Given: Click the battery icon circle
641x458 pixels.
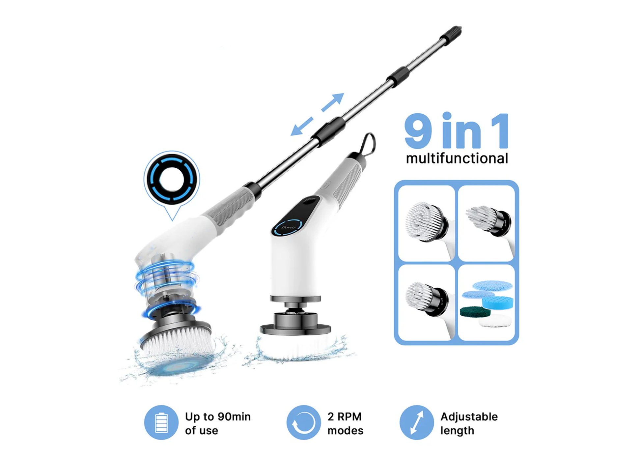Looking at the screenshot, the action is tap(161, 422).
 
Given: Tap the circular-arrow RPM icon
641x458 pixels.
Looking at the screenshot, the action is tap(303, 422).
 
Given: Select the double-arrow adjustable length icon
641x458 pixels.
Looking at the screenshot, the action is tap(416, 422).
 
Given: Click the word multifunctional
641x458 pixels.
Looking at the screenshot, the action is tap(457, 158).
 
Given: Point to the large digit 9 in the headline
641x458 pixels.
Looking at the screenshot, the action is tap(418, 131).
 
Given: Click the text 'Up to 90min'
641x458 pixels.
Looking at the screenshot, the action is tap(218, 417).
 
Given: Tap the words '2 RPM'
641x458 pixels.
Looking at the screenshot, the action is tap(344, 416).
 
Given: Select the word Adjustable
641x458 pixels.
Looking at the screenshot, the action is tap(469, 417).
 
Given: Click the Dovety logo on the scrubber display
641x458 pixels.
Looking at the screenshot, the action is tap(288, 227).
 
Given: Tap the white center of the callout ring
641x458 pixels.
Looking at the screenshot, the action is tap(172, 180).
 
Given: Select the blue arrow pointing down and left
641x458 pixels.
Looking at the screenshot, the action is tap(302, 127).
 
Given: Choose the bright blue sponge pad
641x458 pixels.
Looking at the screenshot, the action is tap(498, 302).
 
